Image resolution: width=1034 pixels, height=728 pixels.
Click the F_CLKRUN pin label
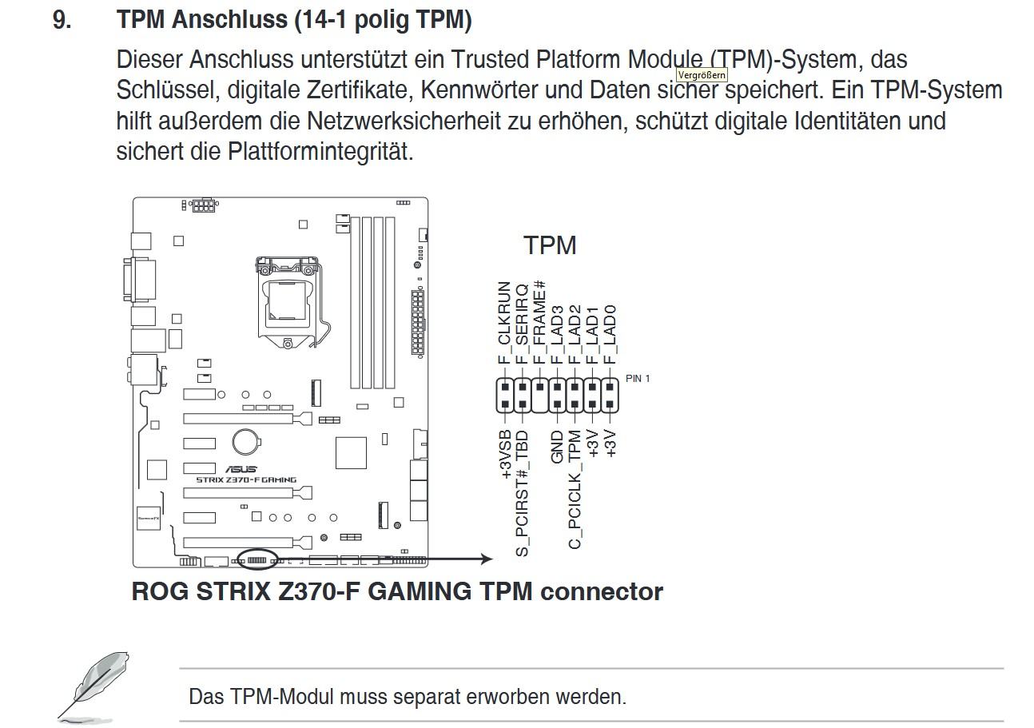pyautogui.click(x=504, y=323)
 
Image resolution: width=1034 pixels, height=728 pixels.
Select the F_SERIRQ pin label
pyautogui.click(x=522, y=324)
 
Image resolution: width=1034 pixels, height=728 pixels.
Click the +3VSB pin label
pyautogui.click(x=506, y=455)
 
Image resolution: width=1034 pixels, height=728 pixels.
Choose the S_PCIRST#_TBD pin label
pyautogui.click(x=523, y=493)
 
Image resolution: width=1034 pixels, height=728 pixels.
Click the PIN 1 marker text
pyautogui.click(x=638, y=378)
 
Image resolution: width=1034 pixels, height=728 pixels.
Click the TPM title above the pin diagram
pyautogui.click(x=550, y=245)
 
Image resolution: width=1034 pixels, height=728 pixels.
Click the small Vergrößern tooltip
pyautogui.click(x=702, y=75)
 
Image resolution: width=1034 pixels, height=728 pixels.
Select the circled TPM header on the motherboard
pyautogui.click(x=257, y=560)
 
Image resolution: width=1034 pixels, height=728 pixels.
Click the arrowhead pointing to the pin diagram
pyautogui.click(x=487, y=559)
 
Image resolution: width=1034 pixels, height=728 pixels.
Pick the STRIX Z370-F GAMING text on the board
pyautogui.click(x=246, y=480)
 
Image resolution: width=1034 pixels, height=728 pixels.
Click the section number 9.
pyautogui.click(x=62, y=21)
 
